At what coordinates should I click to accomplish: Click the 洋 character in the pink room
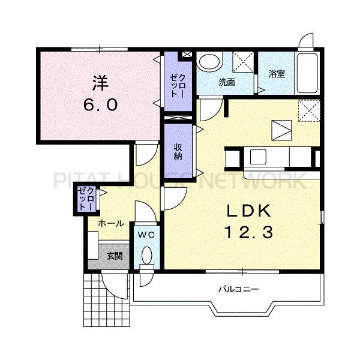[x=100, y=83]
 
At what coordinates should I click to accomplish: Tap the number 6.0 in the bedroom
[x=100, y=105]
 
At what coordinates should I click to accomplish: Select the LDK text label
[x=249, y=211]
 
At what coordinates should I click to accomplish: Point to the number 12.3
[x=249, y=232]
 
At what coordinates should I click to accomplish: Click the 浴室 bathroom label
[x=277, y=74]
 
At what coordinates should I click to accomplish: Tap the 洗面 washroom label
[x=227, y=82]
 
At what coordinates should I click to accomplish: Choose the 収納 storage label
[x=178, y=152]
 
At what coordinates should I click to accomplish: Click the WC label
[x=146, y=235]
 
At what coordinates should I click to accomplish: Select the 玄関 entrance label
[x=115, y=256]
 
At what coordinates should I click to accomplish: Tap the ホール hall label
[x=111, y=223]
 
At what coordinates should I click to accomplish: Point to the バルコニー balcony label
[x=239, y=289]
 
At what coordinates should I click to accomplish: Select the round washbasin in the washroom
[x=209, y=62]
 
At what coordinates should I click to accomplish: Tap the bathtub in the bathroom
[x=307, y=73]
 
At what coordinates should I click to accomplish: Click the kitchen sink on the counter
[x=258, y=157]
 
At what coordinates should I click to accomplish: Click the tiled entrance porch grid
[x=107, y=300]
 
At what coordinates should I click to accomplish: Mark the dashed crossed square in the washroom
[x=243, y=62]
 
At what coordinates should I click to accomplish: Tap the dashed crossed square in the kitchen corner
[x=309, y=110]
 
